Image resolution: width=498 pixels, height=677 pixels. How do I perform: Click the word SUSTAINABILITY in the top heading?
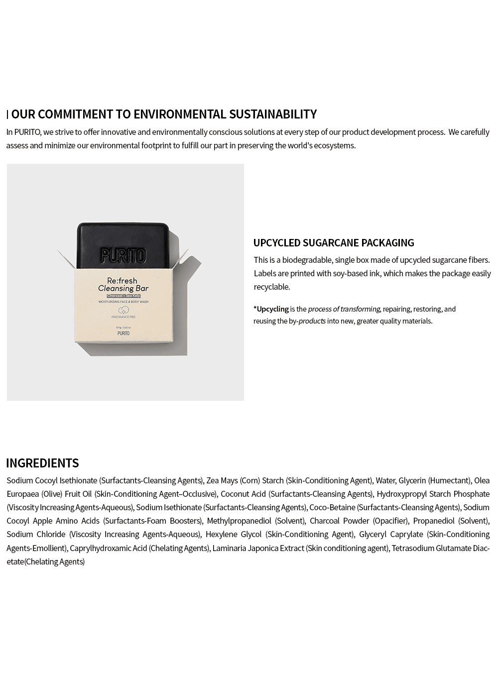coord(272,114)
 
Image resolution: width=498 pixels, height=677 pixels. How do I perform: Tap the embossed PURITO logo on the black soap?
coord(123,255)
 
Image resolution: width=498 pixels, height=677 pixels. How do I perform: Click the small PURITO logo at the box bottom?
coord(124,333)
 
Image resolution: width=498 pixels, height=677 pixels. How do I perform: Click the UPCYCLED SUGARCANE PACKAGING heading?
coord(334,243)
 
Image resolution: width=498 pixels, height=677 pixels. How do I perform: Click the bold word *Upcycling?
coord(271,309)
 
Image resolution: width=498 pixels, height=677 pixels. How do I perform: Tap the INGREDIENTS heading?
coord(42,463)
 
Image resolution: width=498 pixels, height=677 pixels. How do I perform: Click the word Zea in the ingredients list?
coord(213,480)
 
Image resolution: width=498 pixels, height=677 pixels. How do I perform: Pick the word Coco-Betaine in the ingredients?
coord(332,507)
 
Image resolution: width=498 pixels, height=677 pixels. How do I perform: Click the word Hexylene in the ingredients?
coord(220,534)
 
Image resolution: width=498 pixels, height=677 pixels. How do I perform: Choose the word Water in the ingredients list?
coord(385,480)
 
